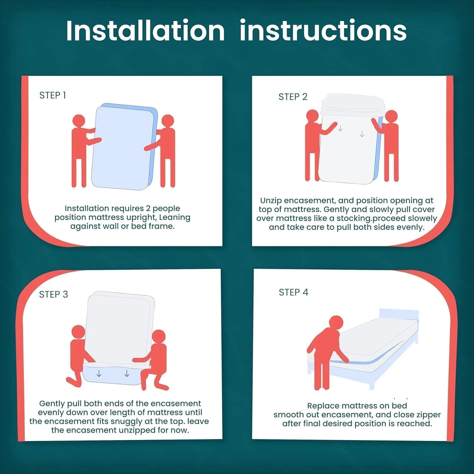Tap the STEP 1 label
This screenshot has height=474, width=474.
tap(52, 95)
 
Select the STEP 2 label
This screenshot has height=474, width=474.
tap(293, 97)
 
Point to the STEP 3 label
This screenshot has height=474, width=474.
tap(53, 295)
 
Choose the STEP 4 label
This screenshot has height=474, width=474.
tap(293, 292)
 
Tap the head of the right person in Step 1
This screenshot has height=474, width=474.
tap(168, 121)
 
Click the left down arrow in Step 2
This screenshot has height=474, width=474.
tap(340, 128)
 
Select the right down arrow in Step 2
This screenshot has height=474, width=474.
tap(362, 134)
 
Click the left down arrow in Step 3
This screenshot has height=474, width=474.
tap(99, 374)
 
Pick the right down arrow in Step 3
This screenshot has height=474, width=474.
tap(127, 374)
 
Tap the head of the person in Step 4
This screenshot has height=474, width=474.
tap(336, 323)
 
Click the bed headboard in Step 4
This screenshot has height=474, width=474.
tap(399, 315)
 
